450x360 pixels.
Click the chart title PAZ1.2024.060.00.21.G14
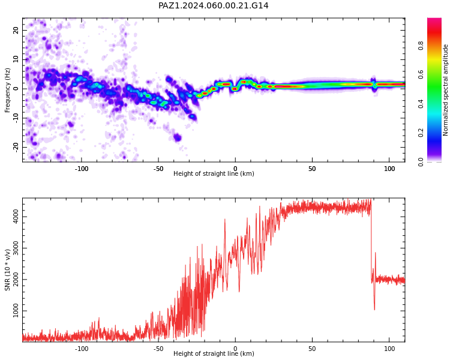213,5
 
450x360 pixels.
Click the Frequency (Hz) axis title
7,90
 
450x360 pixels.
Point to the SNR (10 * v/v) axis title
7,270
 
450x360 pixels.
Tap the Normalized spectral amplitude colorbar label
445,90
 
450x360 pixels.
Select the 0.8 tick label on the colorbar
421,46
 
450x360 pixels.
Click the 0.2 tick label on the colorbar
421,133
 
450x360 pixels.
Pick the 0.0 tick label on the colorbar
421,162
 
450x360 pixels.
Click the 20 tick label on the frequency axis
16,30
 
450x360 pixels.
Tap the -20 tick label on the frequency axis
16,148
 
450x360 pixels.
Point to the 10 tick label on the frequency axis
16,59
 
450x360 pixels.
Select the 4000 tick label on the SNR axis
16,217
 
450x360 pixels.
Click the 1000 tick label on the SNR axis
16,311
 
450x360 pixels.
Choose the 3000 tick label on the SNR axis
16,248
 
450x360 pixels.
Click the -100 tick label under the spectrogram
82,169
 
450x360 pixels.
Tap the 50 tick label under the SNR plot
312,349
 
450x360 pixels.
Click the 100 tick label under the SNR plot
389,349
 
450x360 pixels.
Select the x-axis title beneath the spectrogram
214,173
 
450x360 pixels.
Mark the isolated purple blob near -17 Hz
178,138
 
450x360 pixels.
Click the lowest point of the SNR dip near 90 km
374,310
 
